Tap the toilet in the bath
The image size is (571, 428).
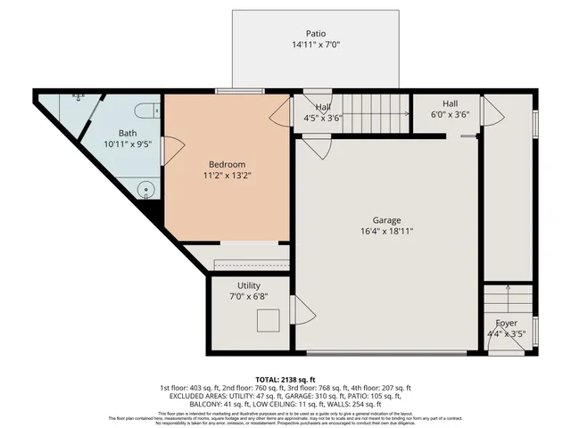(148, 111)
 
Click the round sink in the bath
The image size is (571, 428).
(146, 189)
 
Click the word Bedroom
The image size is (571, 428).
(227, 164)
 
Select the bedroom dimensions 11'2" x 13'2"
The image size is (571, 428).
(227, 177)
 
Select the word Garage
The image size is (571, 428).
(387, 219)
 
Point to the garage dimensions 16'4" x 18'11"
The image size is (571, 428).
(387, 231)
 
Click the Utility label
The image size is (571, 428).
(249, 285)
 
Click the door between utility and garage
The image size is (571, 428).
(302, 311)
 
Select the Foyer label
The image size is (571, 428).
(506, 323)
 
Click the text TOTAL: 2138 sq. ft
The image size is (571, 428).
(285, 379)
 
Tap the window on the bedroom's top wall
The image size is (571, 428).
(234, 90)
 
